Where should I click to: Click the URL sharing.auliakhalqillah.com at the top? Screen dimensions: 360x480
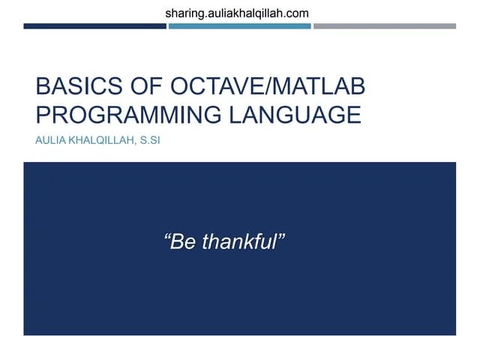[236, 13]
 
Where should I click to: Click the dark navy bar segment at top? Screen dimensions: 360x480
[94, 26]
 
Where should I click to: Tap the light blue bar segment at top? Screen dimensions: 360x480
[239, 26]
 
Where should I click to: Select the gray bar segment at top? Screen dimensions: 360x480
[384, 26]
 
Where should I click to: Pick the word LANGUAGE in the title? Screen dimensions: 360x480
[294, 115]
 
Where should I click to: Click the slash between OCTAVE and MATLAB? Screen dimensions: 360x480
[257, 88]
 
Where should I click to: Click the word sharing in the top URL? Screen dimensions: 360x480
[183, 13]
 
